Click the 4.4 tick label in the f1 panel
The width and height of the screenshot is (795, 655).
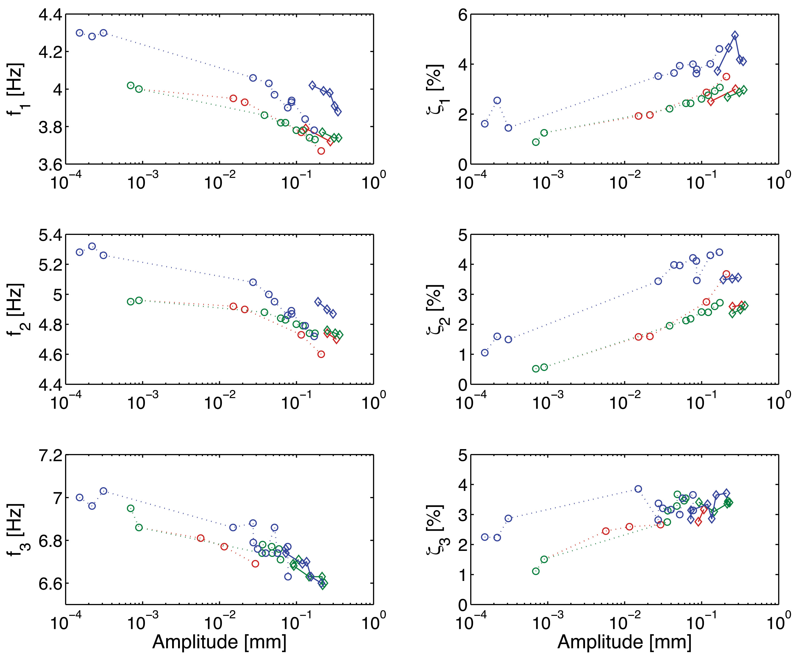coord(51,15)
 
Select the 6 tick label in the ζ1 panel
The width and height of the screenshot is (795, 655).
coord(463,15)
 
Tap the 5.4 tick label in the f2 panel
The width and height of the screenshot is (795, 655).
coord(51,235)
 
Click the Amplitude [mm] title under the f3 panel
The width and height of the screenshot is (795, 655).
coord(219,642)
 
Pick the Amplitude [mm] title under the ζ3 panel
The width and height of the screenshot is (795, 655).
coord(624,642)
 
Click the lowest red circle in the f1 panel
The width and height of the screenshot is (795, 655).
coord(321,151)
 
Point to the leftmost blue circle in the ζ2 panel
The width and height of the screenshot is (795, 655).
coord(484,352)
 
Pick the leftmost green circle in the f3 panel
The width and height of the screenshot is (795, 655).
coord(131,508)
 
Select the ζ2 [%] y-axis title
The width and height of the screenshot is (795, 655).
coord(434,310)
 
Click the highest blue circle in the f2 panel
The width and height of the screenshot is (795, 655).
coord(92,246)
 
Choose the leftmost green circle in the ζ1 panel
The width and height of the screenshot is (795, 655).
coord(536,142)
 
